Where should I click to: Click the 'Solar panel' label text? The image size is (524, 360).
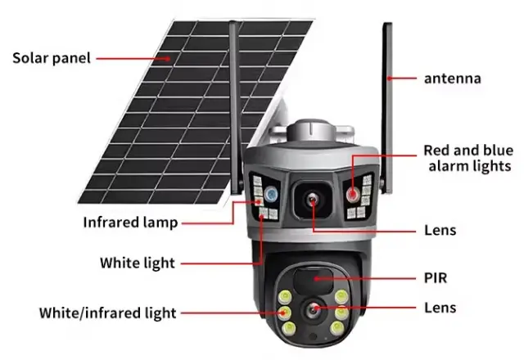pos(52,58)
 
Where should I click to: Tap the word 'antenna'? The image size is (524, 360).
pos(453,79)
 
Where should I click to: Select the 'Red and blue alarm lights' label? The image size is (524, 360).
pos(468,158)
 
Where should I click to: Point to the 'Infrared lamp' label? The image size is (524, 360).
pos(130,223)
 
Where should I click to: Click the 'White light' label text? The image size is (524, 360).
pos(138,263)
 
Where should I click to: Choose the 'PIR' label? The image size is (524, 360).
pos(436,278)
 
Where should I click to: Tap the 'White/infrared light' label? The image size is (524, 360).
pos(107,313)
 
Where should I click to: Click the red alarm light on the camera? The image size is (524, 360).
pos(352,195)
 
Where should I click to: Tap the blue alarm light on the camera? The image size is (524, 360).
pos(271,194)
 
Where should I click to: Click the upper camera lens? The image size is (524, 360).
pos(312,200)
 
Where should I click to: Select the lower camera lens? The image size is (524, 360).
pos(313,310)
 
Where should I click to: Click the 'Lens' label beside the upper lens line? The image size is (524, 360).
pos(440,231)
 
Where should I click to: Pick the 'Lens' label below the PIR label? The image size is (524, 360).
pos(440,308)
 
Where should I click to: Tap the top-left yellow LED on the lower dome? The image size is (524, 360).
pos(285,296)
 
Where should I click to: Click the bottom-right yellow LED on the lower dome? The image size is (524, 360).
pos(337,328)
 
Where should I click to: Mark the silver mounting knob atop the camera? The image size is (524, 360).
pos(311,130)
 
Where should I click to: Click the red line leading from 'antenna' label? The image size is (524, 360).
pos(402,79)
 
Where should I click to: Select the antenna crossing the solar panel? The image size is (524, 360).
pos(236,107)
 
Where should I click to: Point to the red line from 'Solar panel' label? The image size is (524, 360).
pos(133,58)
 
